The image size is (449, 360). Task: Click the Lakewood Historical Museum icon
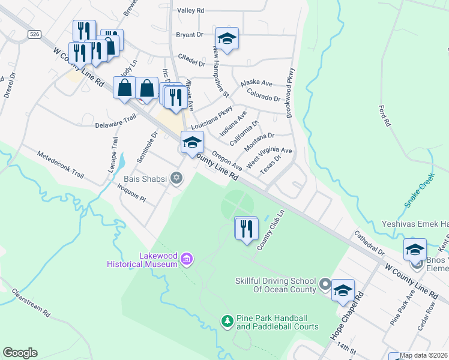[x=187, y=259]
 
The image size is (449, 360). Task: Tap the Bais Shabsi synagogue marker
[x=176, y=178]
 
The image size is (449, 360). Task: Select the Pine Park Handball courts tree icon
[x=227, y=322]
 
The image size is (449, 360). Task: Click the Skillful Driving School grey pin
[x=325, y=284]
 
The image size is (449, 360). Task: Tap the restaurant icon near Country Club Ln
[x=246, y=229]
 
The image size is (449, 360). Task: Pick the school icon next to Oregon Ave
[x=192, y=143]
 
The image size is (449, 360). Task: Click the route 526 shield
[x=34, y=35]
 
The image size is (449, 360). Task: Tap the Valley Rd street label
[x=191, y=10]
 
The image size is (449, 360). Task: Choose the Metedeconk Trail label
[x=61, y=164]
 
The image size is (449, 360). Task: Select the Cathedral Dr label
[x=369, y=242]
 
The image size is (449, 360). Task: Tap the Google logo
[x=20, y=352]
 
